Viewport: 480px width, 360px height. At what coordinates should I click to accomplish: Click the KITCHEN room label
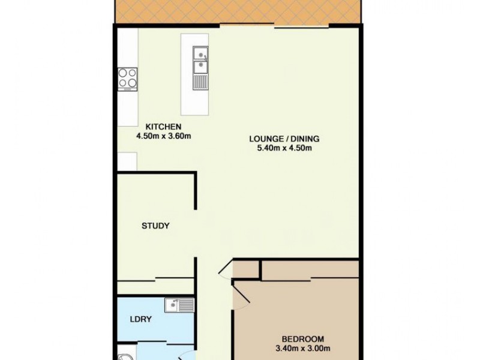pyautogui.click(x=164, y=127)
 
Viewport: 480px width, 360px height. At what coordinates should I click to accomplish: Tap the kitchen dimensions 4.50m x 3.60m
pyautogui.click(x=164, y=136)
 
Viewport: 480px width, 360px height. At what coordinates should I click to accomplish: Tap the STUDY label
pyautogui.click(x=155, y=226)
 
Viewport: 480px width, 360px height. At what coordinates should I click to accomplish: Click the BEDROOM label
pyautogui.click(x=304, y=338)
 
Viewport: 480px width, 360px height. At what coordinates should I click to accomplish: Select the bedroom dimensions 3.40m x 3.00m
pyautogui.click(x=304, y=348)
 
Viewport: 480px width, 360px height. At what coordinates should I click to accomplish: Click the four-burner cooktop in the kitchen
pyautogui.click(x=127, y=77)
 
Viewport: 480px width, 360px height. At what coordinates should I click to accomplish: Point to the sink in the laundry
pyautogui.click(x=180, y=306)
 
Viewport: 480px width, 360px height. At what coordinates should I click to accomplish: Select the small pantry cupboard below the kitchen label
pyautogui.click(x=127, y=161)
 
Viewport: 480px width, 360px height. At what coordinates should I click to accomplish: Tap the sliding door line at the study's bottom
pyautogui.click(x=156, y=278)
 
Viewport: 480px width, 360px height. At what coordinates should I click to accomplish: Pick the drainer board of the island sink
pyautogui.click(x=200, y=79)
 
